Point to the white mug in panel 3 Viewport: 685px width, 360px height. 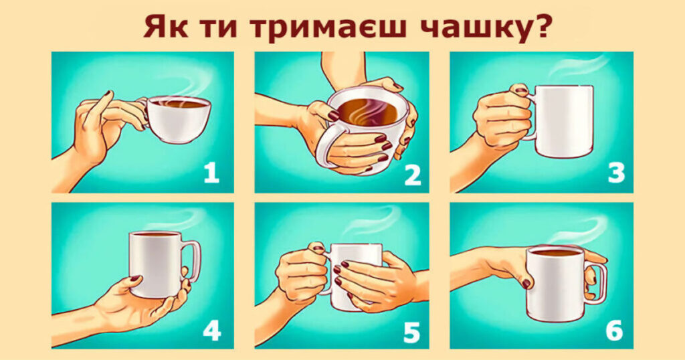561,121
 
